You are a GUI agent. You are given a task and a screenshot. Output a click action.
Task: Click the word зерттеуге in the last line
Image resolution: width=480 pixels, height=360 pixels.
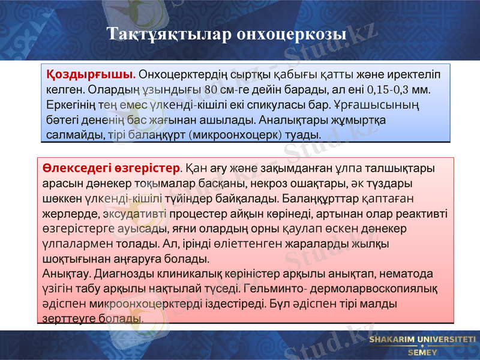point(65,319)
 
